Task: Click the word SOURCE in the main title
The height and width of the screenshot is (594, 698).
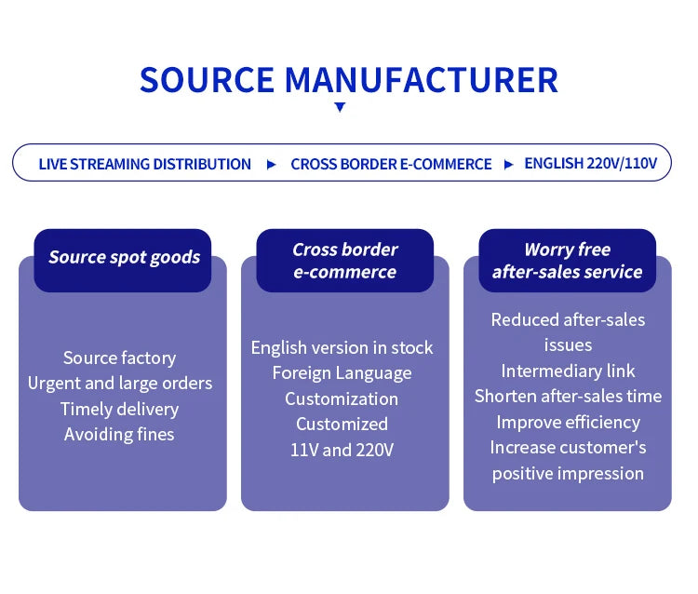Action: coord(206,80)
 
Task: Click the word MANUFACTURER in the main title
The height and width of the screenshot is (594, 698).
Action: coord(422,80)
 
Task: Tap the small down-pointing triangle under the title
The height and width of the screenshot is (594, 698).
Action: coord(340,107)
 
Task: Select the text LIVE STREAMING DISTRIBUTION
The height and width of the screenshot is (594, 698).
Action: coord(144,164)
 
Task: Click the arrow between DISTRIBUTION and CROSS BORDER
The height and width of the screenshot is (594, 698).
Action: coord(271,164)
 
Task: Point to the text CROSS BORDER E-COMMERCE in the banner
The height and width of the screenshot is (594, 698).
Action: coord(391,164)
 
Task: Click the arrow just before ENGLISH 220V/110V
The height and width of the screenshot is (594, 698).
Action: coord(508,164)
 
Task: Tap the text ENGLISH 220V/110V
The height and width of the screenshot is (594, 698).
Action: coord(591,163)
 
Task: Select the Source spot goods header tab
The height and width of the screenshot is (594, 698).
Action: coord(124,258)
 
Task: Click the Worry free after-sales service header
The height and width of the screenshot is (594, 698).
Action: coord(567,261)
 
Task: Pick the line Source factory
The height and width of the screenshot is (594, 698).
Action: coord(119,358)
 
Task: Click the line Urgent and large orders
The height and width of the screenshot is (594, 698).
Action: coord(119,383)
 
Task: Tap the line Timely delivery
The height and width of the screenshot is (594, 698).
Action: coord(119,409)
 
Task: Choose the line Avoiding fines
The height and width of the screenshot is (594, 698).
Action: coord(119,434)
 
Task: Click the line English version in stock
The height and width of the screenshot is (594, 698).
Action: coord(342,347)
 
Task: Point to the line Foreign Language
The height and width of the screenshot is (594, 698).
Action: coord(342,372)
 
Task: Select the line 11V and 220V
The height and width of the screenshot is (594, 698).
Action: coord(342,450)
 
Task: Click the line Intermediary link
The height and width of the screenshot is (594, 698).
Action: coord(568,371)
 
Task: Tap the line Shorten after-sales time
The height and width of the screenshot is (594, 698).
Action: coord(568,396)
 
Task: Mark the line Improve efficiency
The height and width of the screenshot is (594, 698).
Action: coord(568,422)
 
